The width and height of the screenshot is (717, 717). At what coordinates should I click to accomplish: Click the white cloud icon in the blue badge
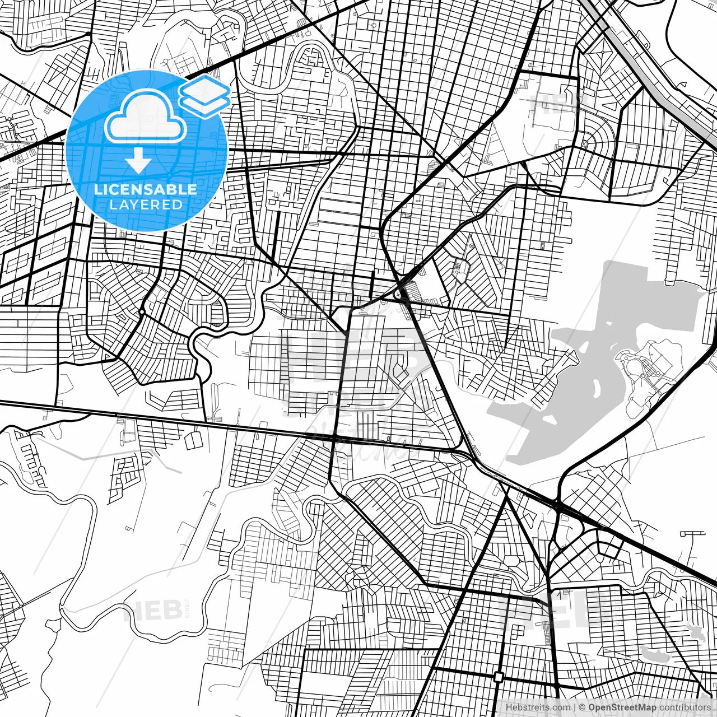146,118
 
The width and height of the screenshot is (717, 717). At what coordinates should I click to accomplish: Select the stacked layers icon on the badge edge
204,95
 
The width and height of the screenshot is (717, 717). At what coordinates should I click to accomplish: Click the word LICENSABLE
146,189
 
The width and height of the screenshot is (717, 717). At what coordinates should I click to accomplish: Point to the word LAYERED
146,204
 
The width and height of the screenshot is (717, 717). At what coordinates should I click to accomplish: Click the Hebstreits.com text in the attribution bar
538,707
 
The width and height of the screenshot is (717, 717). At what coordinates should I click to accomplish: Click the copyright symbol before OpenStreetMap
582,707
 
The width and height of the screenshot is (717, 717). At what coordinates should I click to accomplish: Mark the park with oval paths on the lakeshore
644,370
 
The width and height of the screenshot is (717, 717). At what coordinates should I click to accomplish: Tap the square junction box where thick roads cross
499,677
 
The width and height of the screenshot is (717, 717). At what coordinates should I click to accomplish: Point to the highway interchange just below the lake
559,507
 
